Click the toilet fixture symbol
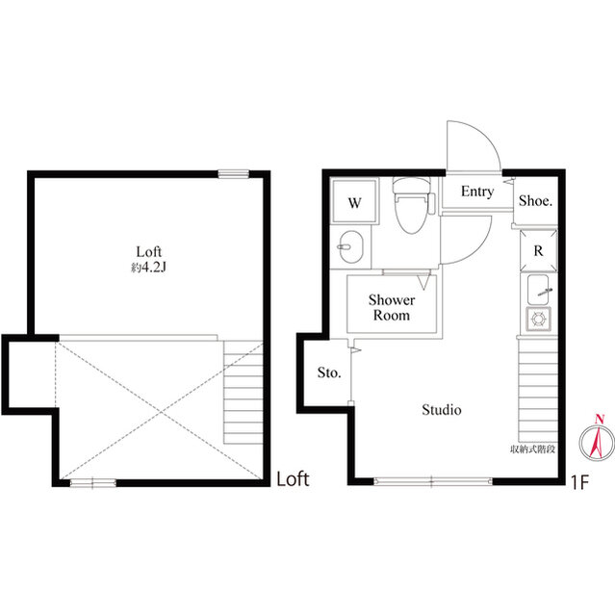point(413,205)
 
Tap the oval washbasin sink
point(350,246)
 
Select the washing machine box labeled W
point(354,201)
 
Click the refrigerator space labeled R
point(538,250)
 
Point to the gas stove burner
point(538,319)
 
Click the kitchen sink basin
point(538,289)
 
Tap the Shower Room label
point(391,308)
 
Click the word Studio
point(442,410)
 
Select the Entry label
point(477,192)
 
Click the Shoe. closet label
point(536,201)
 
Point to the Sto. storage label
point(329,372)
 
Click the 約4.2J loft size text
point(148,268)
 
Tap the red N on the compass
point(600,419)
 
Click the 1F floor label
point(579,483)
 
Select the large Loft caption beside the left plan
point(293,479)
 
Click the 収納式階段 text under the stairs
point(532,449)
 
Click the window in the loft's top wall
point(234,173)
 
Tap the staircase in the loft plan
point(243,393)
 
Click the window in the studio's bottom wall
point(432,481)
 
